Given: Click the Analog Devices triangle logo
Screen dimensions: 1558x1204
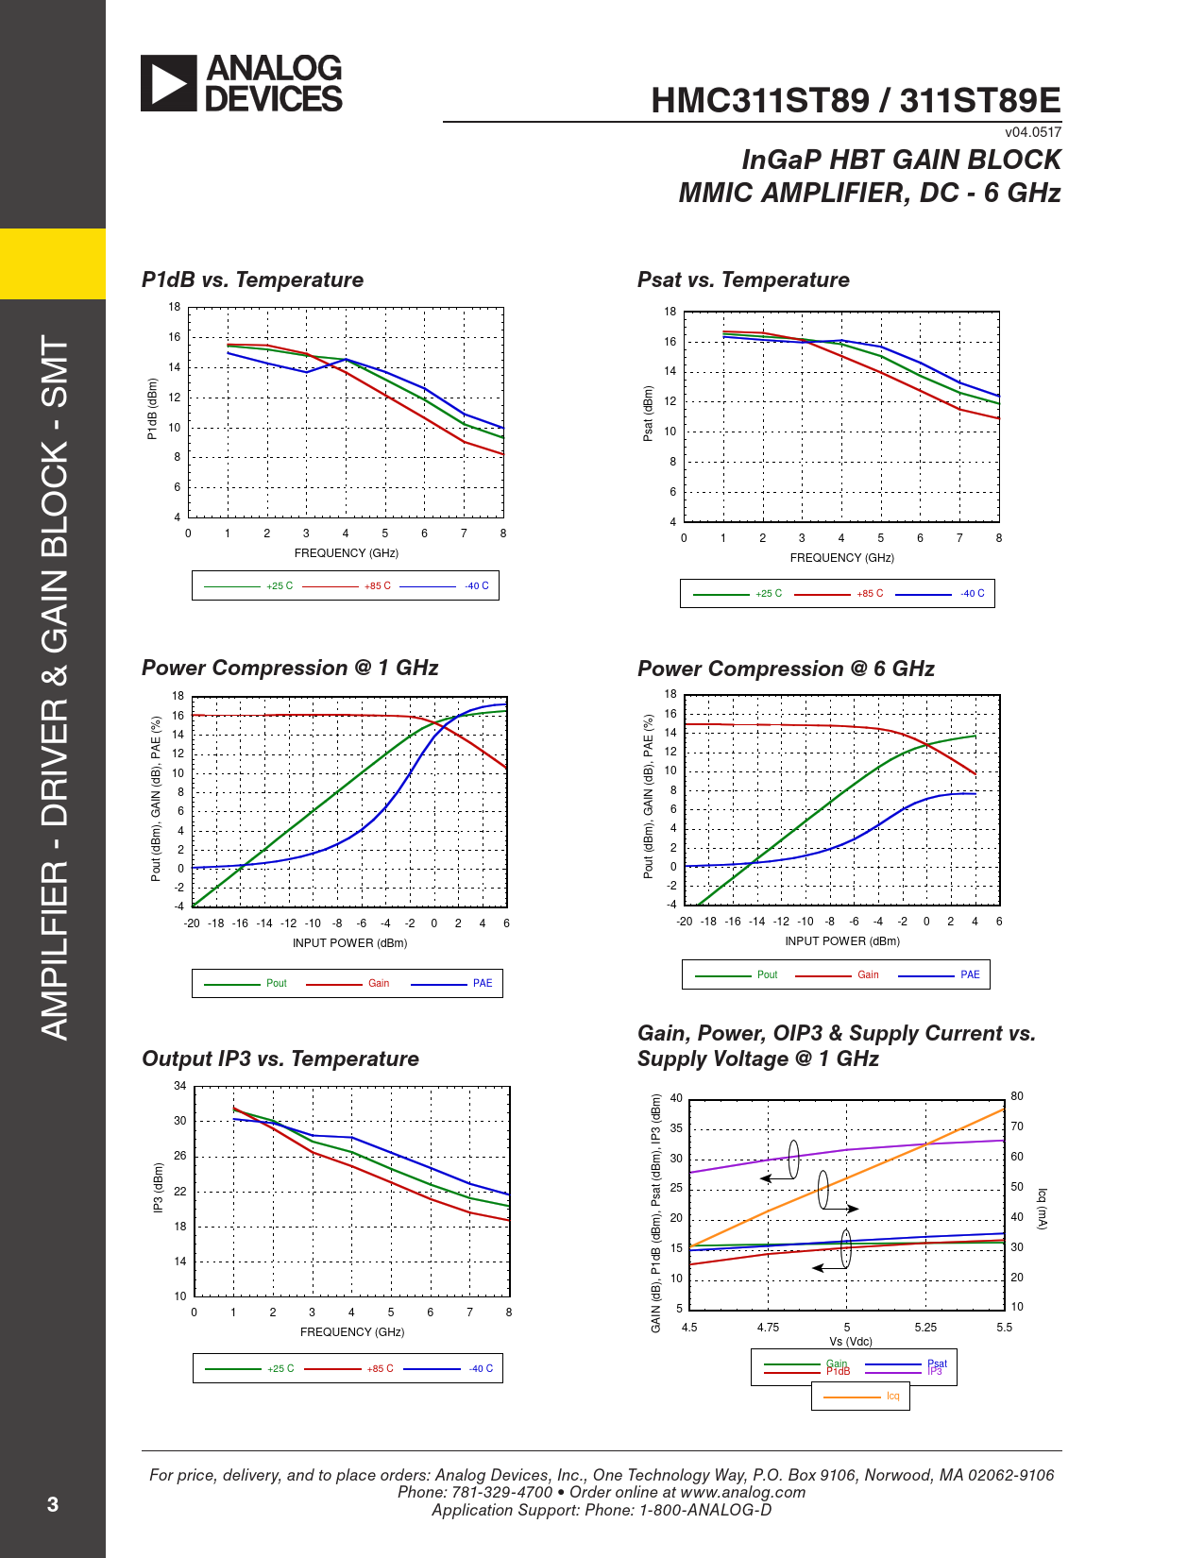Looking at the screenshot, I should (x=169, y=83).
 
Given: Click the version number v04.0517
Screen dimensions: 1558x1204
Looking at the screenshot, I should (x=1033, y=132).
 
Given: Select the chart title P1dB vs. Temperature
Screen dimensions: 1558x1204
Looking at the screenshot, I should (x=252, y=279).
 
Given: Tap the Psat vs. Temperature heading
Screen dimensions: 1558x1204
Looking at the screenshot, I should (x=743, y=279).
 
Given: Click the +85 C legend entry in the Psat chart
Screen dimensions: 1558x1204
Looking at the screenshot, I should (x=870, y=594).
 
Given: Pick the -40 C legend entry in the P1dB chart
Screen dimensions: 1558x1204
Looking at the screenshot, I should (x=477, y=586).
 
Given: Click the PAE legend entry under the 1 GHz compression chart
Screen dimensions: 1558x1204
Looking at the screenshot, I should (x=483, y=984).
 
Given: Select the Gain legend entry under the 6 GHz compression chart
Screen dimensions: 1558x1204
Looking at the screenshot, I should (x=868, y=975).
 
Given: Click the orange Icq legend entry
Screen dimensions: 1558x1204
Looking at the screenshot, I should (x=892, y=1397).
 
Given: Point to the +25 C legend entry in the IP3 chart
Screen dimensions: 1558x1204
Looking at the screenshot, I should (x=280, y=1369).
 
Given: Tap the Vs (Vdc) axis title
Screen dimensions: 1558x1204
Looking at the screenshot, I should (x=851, y=1342).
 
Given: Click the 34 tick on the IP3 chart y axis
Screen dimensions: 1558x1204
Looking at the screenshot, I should (x=179, y=1086).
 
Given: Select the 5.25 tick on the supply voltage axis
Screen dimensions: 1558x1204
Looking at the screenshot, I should (x=925, y=1328).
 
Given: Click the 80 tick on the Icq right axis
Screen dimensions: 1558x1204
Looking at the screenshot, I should (x=1017, y=1096).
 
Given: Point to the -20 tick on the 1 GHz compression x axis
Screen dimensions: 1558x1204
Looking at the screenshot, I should (x=192, y=923).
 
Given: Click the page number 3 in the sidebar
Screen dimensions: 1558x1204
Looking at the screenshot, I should (x=53, y=1504).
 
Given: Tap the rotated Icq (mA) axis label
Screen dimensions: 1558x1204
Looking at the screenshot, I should (x=1043, y=1209).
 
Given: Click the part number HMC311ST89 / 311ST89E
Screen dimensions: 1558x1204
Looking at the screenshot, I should (x=856, y=100).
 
